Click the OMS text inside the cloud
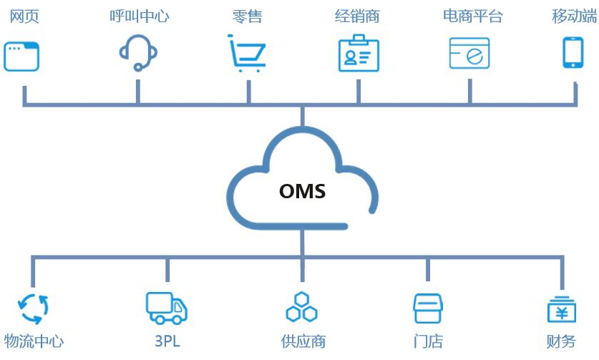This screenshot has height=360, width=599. pos(302,192)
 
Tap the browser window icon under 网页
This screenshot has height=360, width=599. pos(21,57)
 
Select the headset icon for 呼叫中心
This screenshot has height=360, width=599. pos(137,52)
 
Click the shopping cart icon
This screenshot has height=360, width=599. pos(247,54)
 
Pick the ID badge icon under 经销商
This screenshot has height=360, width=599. pos(358,54)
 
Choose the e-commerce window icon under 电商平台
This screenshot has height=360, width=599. pos(469,54)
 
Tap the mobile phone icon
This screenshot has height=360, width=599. pos(573,52)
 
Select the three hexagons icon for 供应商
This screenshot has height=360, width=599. pos(301,308)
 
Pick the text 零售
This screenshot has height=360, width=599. pos(248,16)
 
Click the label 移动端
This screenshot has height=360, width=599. pos(574,16)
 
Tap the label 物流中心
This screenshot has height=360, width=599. pos(34,342)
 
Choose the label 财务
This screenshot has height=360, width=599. pos(561,342)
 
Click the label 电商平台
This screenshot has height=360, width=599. pos(472,16)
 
